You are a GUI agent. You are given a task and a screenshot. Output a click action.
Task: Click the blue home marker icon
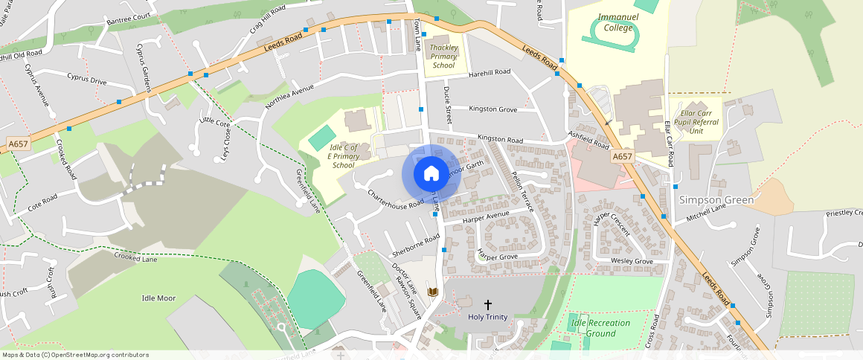pyautogui.click(x=431, y=173)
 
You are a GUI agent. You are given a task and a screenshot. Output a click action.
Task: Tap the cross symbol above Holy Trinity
pyautogui.click(x=488, y=304)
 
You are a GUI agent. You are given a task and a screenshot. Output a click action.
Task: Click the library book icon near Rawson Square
pyautogui.click(x=433, y=292)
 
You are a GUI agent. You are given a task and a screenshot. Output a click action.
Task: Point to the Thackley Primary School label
pyautogui.click(x=443, y=57)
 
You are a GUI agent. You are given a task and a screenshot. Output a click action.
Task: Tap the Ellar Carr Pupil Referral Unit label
pyautogui.click(x=696, y=120)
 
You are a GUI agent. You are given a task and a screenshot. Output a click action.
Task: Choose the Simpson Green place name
pyautogui.click(x=716, y=200)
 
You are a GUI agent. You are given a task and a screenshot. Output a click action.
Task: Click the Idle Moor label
pyautogui.click(x=158, y=298)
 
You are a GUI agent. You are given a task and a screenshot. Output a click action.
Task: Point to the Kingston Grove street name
pyautogui.click(x=493, y=109)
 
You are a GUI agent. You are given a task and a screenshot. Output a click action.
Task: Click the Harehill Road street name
pyautogui.click(x=490, y=72)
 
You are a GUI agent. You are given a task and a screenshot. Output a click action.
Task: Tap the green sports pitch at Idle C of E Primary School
pyautogui.click(x=321, y=137)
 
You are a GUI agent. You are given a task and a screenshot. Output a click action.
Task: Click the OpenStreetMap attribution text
pyautogui.click(x=75, y=355)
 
